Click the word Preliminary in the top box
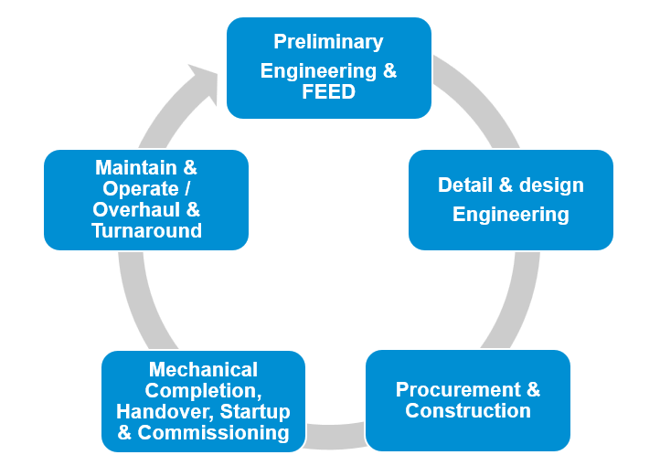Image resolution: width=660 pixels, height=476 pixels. [328, 42]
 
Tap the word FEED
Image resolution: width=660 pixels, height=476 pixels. [328, 92]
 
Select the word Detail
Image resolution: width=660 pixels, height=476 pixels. [463, 185]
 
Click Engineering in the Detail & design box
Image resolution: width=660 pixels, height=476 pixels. [510, 215]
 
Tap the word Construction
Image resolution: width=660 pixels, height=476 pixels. [468, 411]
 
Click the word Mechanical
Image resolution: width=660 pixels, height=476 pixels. [203, 370]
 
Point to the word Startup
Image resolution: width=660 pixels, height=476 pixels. [255, 411]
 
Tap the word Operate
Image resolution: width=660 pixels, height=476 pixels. [140, 189]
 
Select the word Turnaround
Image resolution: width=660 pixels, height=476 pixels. [146, 231]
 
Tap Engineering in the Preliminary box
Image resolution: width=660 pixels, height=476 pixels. [317, 71]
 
